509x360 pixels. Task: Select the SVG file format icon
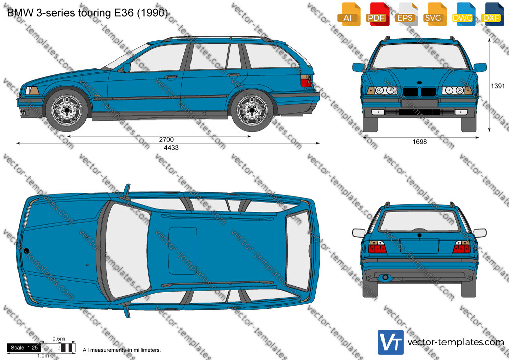point(434,14)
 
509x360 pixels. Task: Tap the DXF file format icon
point(492,14)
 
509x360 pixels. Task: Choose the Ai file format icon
point(349,14)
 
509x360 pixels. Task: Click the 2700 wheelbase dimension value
point(166,139)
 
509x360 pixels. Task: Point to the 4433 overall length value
point(171,148)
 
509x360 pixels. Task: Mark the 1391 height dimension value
point(498,86)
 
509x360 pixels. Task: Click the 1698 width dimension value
point(419,142)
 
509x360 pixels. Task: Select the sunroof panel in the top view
point(182,251)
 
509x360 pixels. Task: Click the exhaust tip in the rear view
point(385,277)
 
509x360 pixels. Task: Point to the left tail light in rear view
point(377,247)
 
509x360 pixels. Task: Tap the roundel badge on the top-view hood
point(26,251)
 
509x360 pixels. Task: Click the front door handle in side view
point(171,77)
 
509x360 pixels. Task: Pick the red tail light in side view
point(306,81)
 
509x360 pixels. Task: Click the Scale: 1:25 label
point(24,348)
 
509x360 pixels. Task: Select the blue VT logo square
point(391,342)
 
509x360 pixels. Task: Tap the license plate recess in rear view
point(419,246)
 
